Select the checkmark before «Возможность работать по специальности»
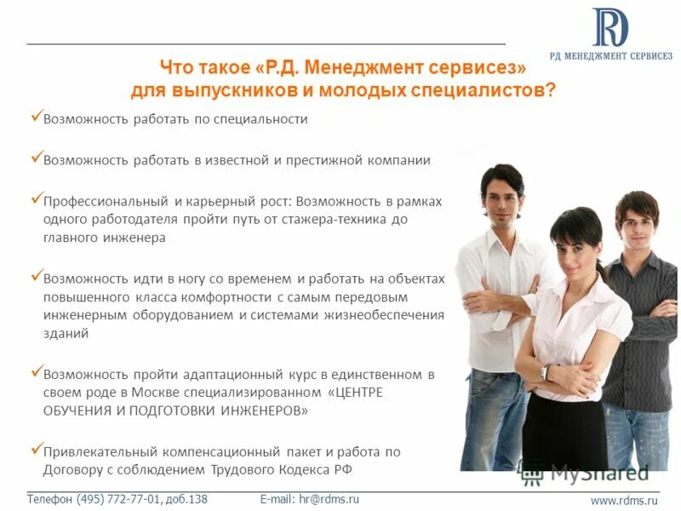coord(36,116)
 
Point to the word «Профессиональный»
coord(106,201)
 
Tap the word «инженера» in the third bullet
coord(135,238)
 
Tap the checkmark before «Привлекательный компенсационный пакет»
coord(36,449)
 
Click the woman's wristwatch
coord(545,373)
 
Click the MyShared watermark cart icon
coord(532,472)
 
